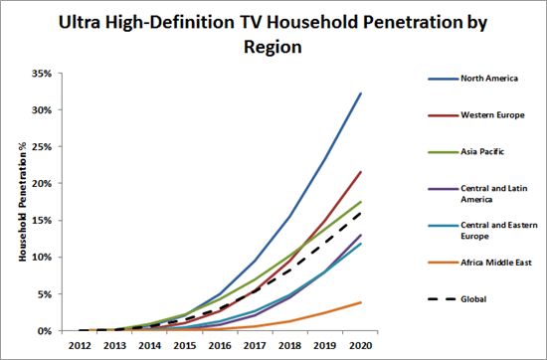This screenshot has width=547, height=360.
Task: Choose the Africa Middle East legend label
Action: [496, 263]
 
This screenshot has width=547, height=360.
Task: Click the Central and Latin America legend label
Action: [494, 194]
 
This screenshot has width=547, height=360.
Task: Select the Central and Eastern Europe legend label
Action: [499, 231]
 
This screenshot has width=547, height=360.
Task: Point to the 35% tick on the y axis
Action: [42, 74]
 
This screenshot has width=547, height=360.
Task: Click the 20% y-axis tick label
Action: [42, 184]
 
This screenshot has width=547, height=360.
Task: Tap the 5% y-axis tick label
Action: [45, 294]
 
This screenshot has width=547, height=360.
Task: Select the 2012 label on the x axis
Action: [80, 346]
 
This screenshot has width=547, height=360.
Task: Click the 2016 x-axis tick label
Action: [220, 346]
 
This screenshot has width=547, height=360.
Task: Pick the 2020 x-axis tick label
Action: [360, 346]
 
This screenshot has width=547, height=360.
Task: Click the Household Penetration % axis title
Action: [22, 202]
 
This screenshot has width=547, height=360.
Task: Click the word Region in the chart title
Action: [273, 47]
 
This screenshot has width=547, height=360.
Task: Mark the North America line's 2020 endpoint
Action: [361, 92]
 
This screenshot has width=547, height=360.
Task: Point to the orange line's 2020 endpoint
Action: [361, 302]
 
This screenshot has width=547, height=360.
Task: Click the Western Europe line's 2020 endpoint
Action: [361, 172]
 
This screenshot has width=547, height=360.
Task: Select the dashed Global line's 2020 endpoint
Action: [361, 213]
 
